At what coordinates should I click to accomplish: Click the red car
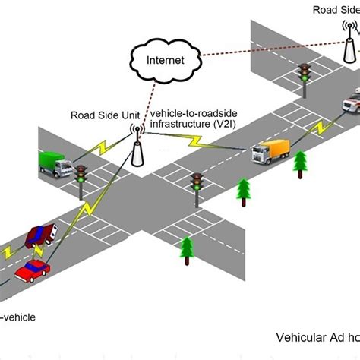point(33,269)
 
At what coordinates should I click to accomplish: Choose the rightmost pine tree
point(301,163)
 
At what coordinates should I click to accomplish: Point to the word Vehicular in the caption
point(298,336)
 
